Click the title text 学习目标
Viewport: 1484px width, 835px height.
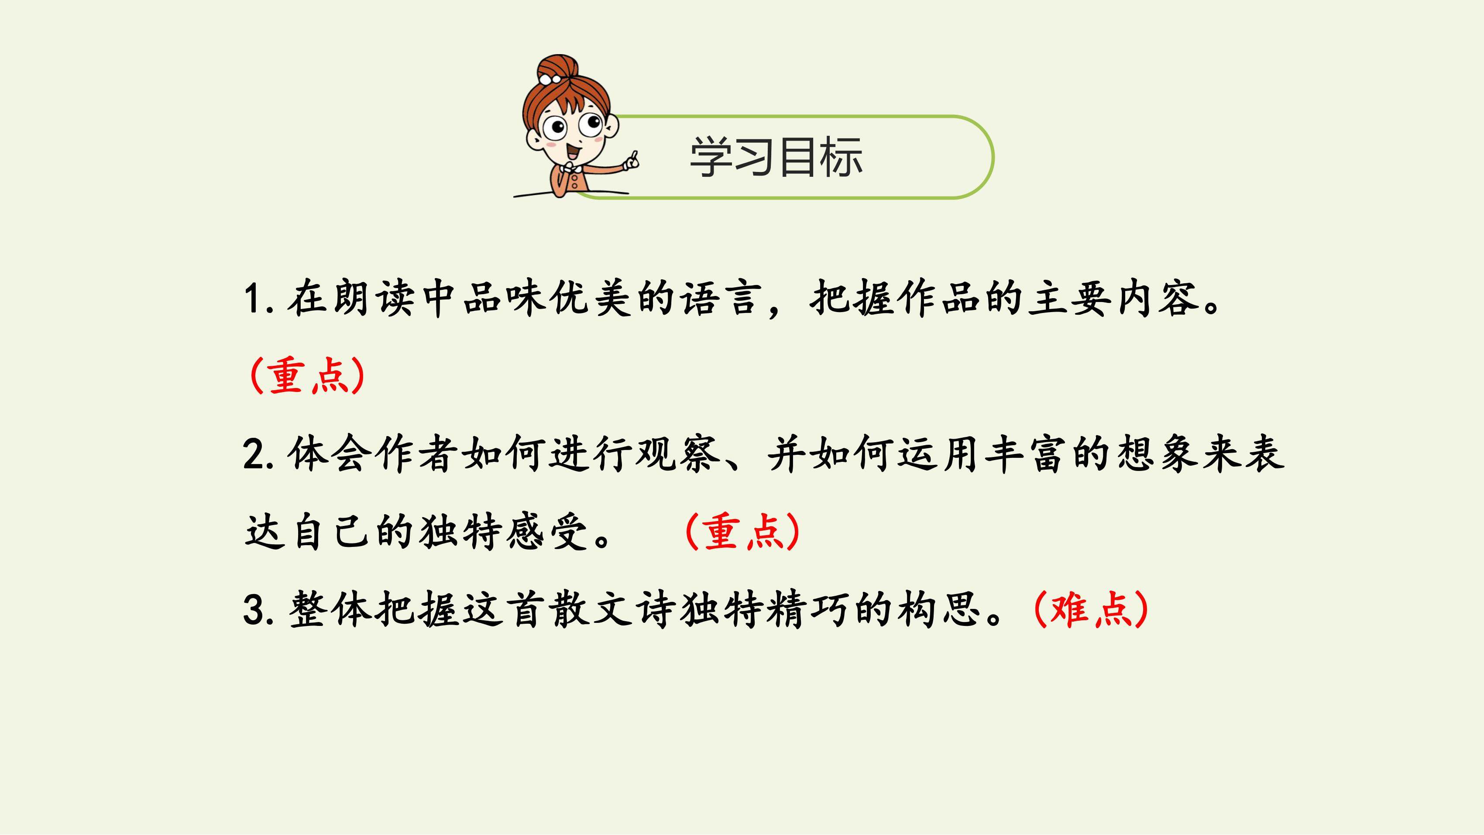pyautogui.click(x=776, y=157)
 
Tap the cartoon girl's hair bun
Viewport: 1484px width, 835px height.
pyautogui.click(x=556, y=70)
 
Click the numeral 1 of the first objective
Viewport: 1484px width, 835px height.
pyautogui.click(x=252, y=300)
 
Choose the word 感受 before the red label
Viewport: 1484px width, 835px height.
pyautogui.click(x=548, y=531)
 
